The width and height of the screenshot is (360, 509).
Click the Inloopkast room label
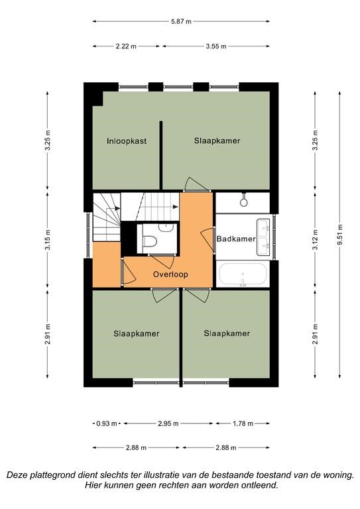pos(127,141)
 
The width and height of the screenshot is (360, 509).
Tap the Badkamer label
pos(236,239)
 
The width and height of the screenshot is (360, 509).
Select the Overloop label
pos(170,274)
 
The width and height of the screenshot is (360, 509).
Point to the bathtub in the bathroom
pos(243,274)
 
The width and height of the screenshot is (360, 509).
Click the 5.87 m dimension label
pos(181,21)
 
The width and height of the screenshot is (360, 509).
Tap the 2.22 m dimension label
pos(126,46)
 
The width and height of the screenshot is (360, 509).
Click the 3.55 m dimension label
pos(216,46)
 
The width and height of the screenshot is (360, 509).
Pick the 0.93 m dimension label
pos(107,424)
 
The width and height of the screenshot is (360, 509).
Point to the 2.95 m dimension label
pos(168,424)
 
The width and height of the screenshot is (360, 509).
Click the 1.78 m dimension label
pos(243,424)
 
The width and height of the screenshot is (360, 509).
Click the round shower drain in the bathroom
pos(244,203)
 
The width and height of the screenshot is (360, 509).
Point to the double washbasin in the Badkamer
pos(263,237)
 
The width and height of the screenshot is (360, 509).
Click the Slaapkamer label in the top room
pos(217,141)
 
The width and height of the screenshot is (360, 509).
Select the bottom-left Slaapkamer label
pos(137,334)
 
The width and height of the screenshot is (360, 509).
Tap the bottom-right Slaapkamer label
pos(227,333)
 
